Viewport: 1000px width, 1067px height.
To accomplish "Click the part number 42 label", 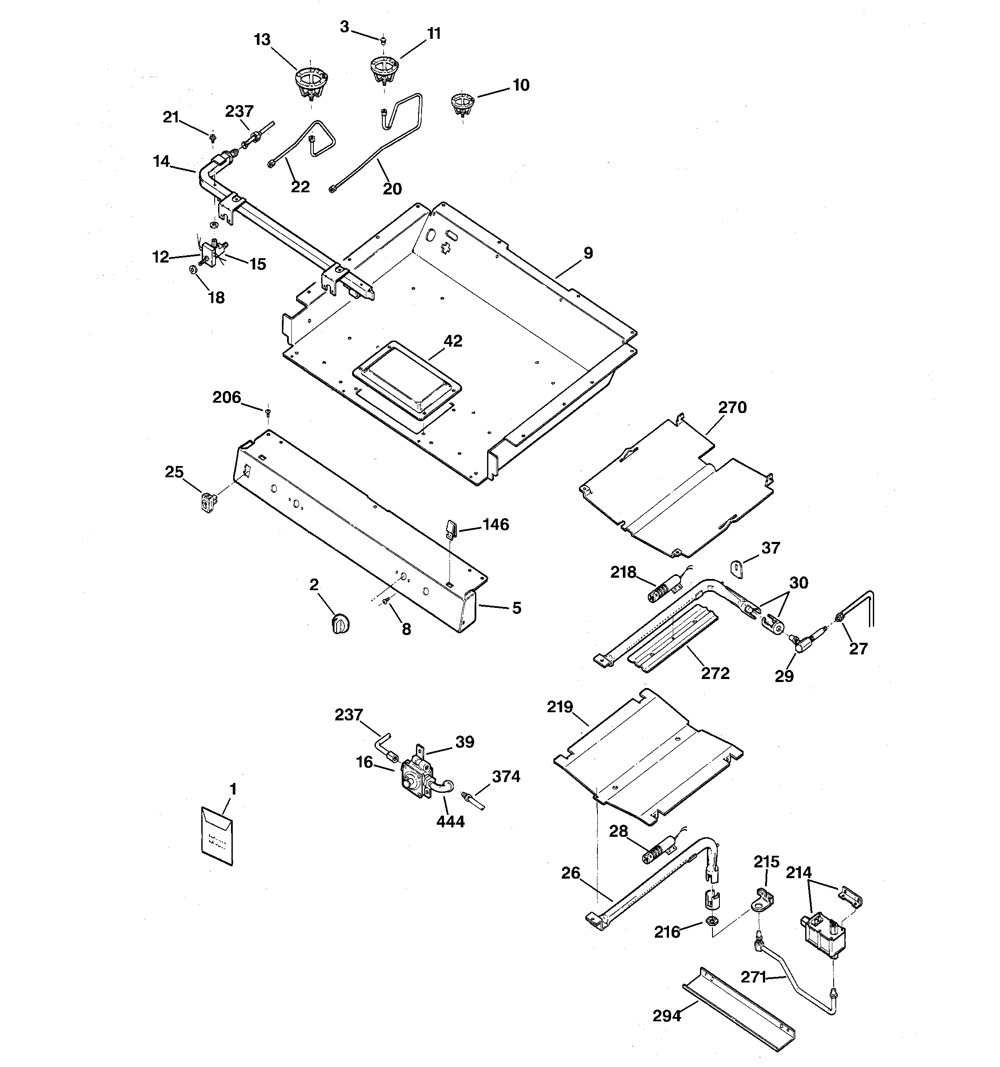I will coord(453,341).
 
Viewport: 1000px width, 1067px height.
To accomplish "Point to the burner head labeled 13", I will coord(311,85).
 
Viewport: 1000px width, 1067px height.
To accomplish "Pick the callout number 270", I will coord(732,408).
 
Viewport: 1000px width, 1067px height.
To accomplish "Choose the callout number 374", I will coord(506,776).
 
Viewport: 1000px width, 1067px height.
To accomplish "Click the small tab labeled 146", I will coord(451,528).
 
